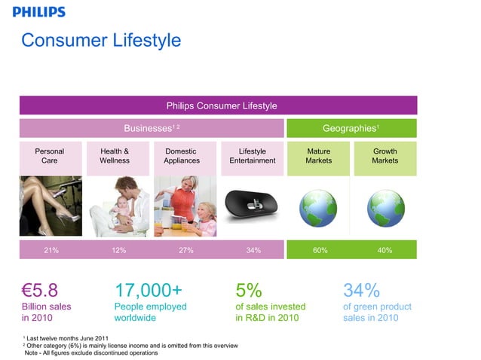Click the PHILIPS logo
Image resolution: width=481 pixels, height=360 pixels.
39,12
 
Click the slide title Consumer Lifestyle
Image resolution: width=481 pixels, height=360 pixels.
101,39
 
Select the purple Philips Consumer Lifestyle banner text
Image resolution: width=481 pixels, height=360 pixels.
221,105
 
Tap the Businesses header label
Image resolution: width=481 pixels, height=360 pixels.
151,128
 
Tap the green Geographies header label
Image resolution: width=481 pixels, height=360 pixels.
350,128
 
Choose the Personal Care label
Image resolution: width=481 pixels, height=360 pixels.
50,156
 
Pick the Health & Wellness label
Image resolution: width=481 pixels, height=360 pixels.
115,156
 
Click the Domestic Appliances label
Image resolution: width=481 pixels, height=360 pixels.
182,156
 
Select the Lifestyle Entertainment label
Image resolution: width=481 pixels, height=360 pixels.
252,156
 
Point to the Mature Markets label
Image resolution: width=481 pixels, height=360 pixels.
318,156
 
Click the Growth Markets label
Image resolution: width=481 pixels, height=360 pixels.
384,156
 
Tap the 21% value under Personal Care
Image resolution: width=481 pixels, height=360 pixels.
51,250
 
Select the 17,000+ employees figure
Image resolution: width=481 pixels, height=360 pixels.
148,291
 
